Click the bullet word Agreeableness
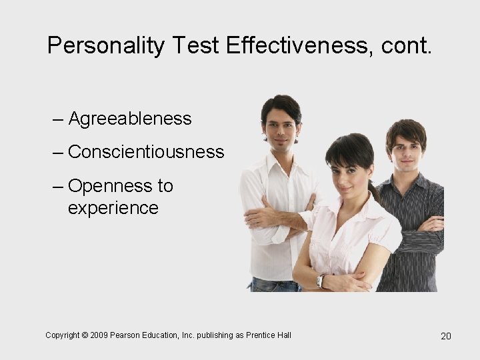coord(130,119)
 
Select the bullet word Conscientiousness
coord(146,152)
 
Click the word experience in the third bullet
coord(113,208)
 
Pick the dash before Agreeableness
coord(58,120)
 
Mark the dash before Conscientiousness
coord(58,153)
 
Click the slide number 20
coord(446,336)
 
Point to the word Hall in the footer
coord(283,335)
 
